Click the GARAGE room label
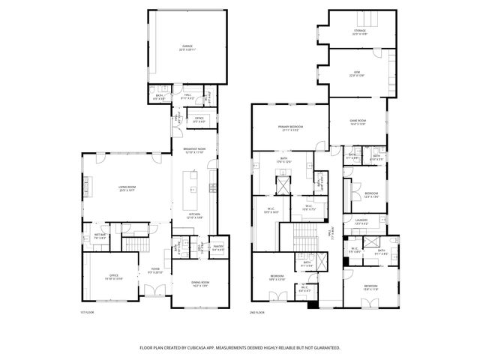[187, 47]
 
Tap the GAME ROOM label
[357, 122]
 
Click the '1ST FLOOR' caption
[87, 312]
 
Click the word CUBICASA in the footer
[196, 347]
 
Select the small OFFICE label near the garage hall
[199, 119]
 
